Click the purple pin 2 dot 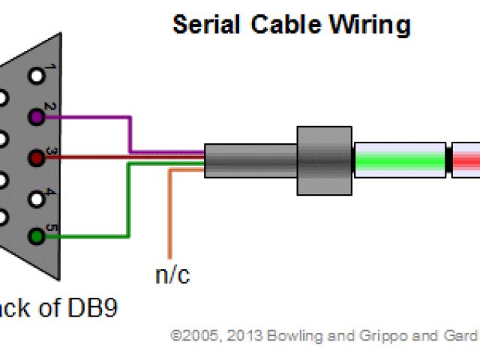(x=35, y=117)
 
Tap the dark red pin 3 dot (x=35, y=157)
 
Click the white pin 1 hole (x=35, y=76)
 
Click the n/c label (x=172, y=275)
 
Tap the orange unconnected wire (x=171, y=217)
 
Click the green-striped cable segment (x=398, y=160)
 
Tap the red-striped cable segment (x=466, y=160)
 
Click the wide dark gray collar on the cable (x=324, y=159)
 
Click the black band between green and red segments (x=448, y=160)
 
